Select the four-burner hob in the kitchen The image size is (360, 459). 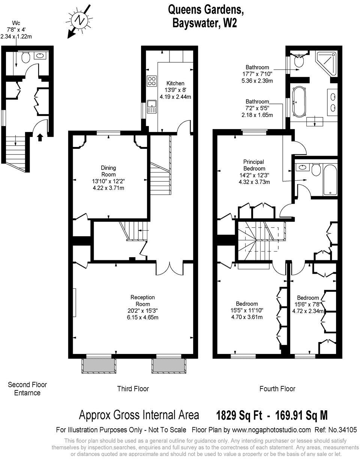click(x=152, y=81)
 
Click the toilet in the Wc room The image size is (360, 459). click(x=25, y=57)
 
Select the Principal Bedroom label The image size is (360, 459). click(x=254, y=165)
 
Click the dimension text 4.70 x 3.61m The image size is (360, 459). click(x=247, y=317)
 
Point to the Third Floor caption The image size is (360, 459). click(x=133, y=389)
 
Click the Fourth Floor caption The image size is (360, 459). click(x=277, y=389)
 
